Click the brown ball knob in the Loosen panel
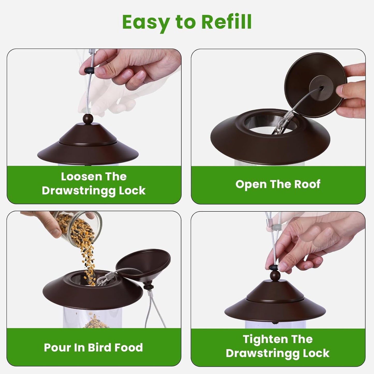pyautogui.click(x=88, y=119)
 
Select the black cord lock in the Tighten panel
pyautogui.click(x=274, y=267)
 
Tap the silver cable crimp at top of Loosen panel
pyautogui.click(x=92, y=52)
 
